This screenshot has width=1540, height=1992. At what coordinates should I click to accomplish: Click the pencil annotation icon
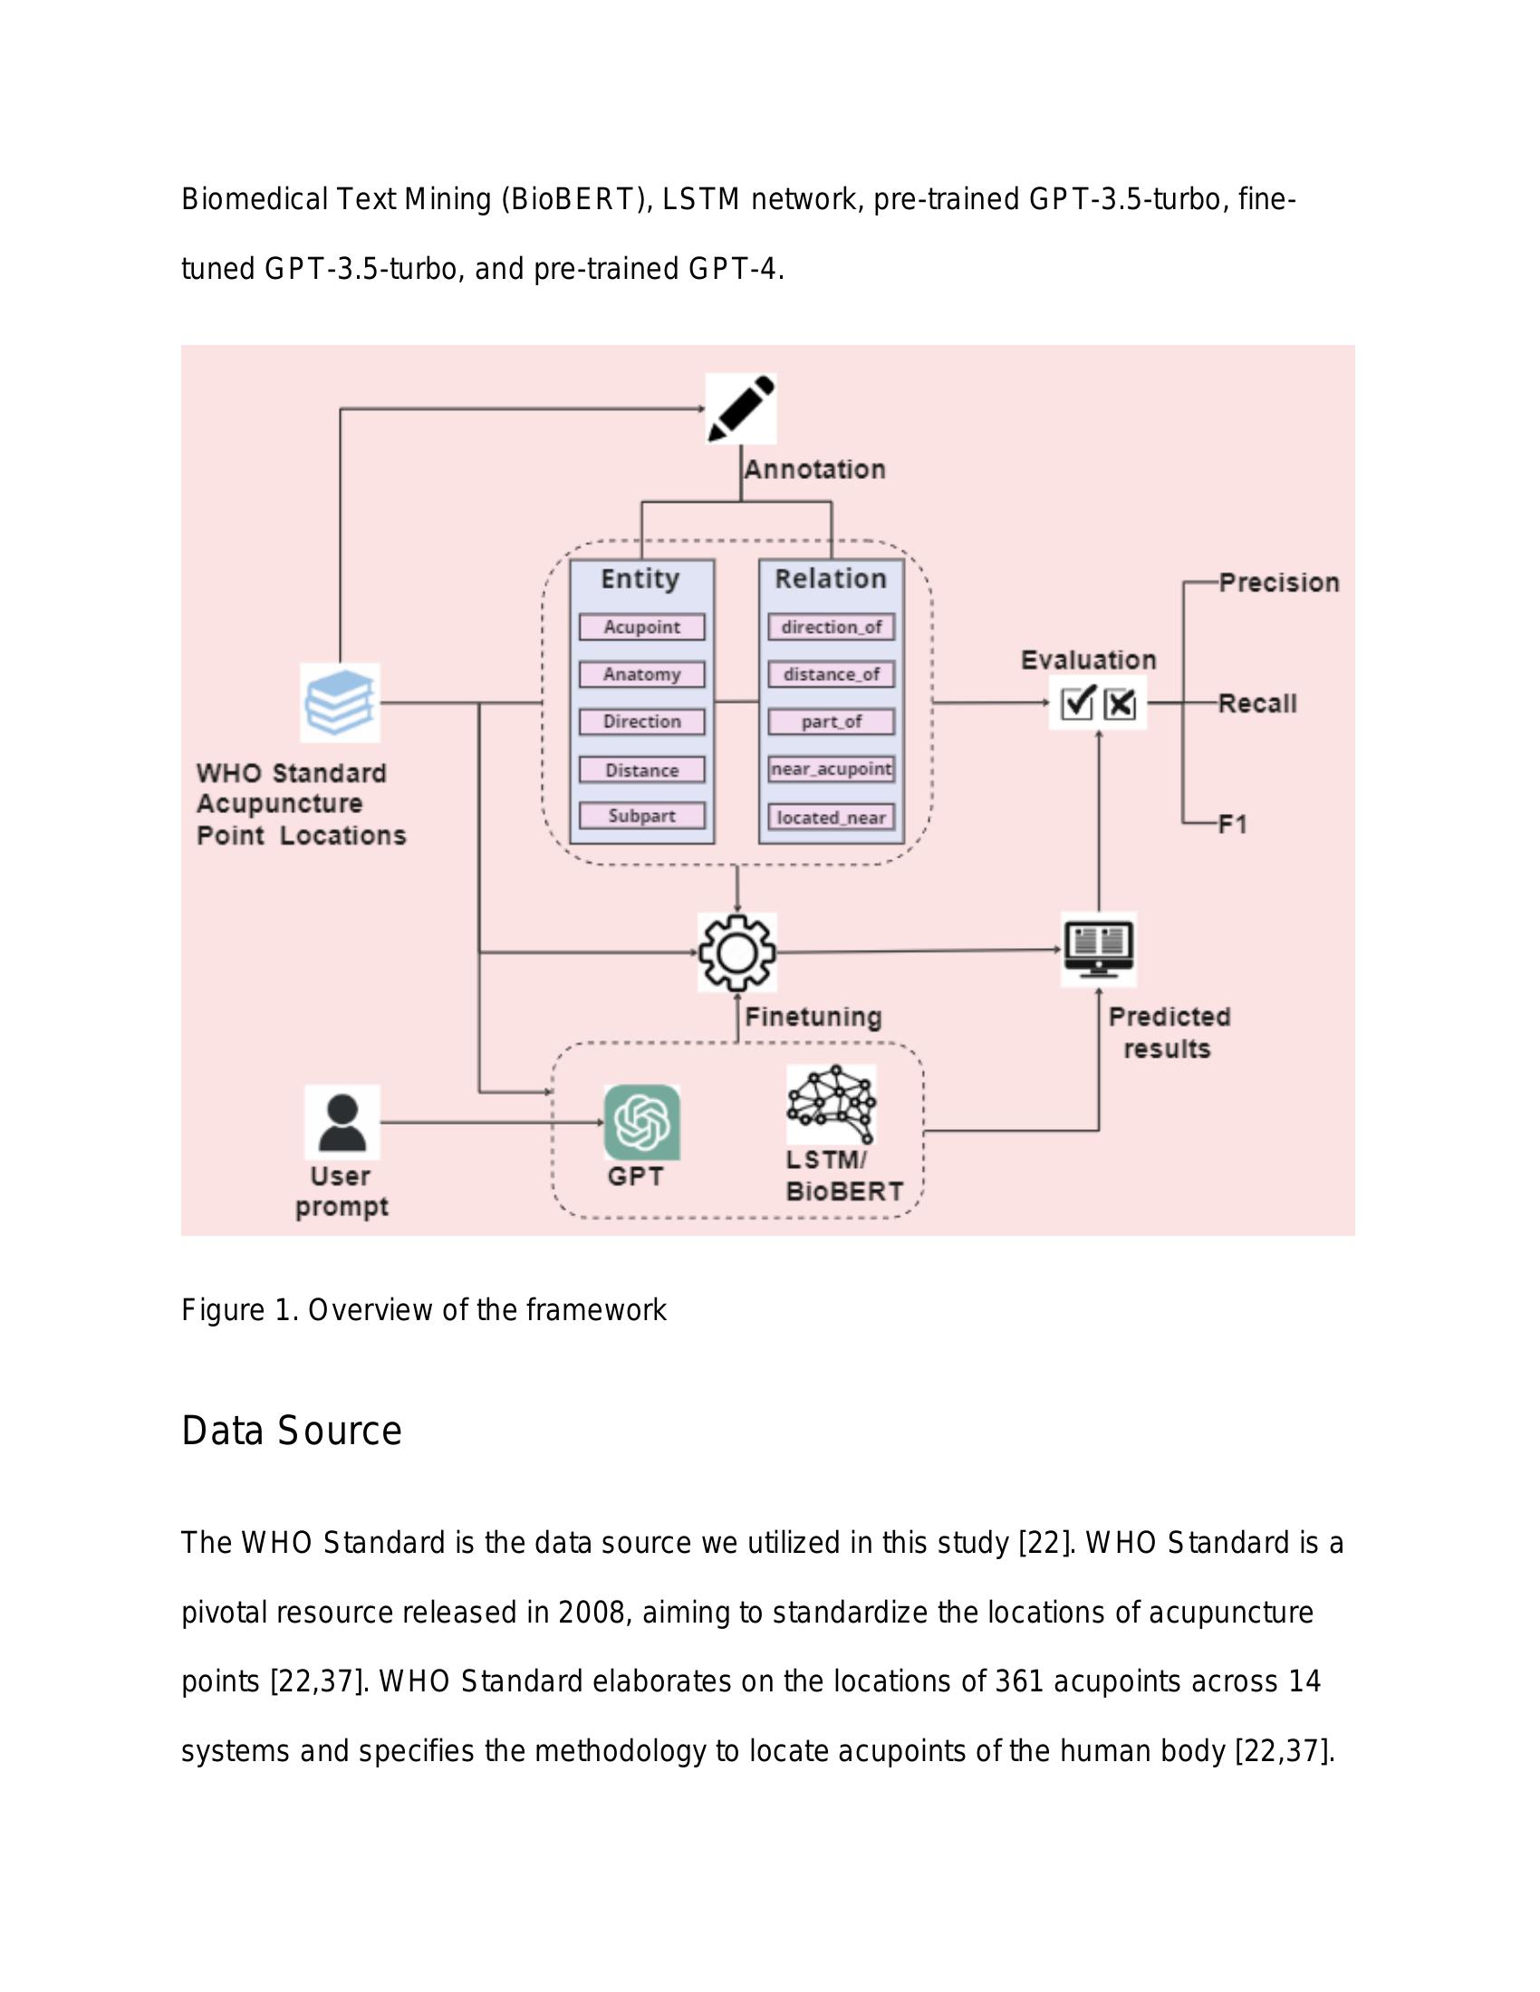click(x=741, y=408)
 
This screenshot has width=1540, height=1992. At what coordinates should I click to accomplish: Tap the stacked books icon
click(x=340, y=703)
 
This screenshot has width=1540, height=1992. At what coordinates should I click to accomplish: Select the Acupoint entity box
click(x=641, y=627)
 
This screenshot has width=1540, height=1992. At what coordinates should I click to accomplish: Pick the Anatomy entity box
click(x=641, y=674)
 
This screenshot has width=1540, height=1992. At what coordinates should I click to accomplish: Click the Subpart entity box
click(x=641, y=816)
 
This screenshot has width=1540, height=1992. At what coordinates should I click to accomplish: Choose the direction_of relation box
click(x=831, y=627)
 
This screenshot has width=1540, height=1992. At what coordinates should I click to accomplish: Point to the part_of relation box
click(x=831, y=722)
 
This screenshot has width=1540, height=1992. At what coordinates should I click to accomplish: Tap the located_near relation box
click(x=831, y=818)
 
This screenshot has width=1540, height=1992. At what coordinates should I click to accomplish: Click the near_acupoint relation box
click(x=831, y=769)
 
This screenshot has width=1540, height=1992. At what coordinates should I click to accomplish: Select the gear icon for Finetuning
click(x=737, y=953)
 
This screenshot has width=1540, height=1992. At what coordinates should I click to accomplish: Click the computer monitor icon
click(x=1099, y=950)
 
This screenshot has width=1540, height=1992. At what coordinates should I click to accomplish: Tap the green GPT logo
click(x=642, y=1122)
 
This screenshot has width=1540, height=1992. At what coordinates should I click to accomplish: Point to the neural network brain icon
click(x=830, y=1104)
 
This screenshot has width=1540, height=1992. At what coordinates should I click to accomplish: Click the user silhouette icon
click(x=342, y=1122)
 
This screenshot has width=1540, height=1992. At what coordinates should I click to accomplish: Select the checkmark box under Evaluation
click(x=1077, y=704)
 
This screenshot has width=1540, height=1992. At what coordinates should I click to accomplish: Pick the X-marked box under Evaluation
click(x=1120, y=704)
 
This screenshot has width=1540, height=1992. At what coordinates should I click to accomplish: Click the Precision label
click(x=1279, y=583)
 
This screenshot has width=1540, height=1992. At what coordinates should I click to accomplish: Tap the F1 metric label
click(x=1233, y=825)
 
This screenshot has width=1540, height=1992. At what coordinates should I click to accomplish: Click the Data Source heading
click(x=291, y=1430)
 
